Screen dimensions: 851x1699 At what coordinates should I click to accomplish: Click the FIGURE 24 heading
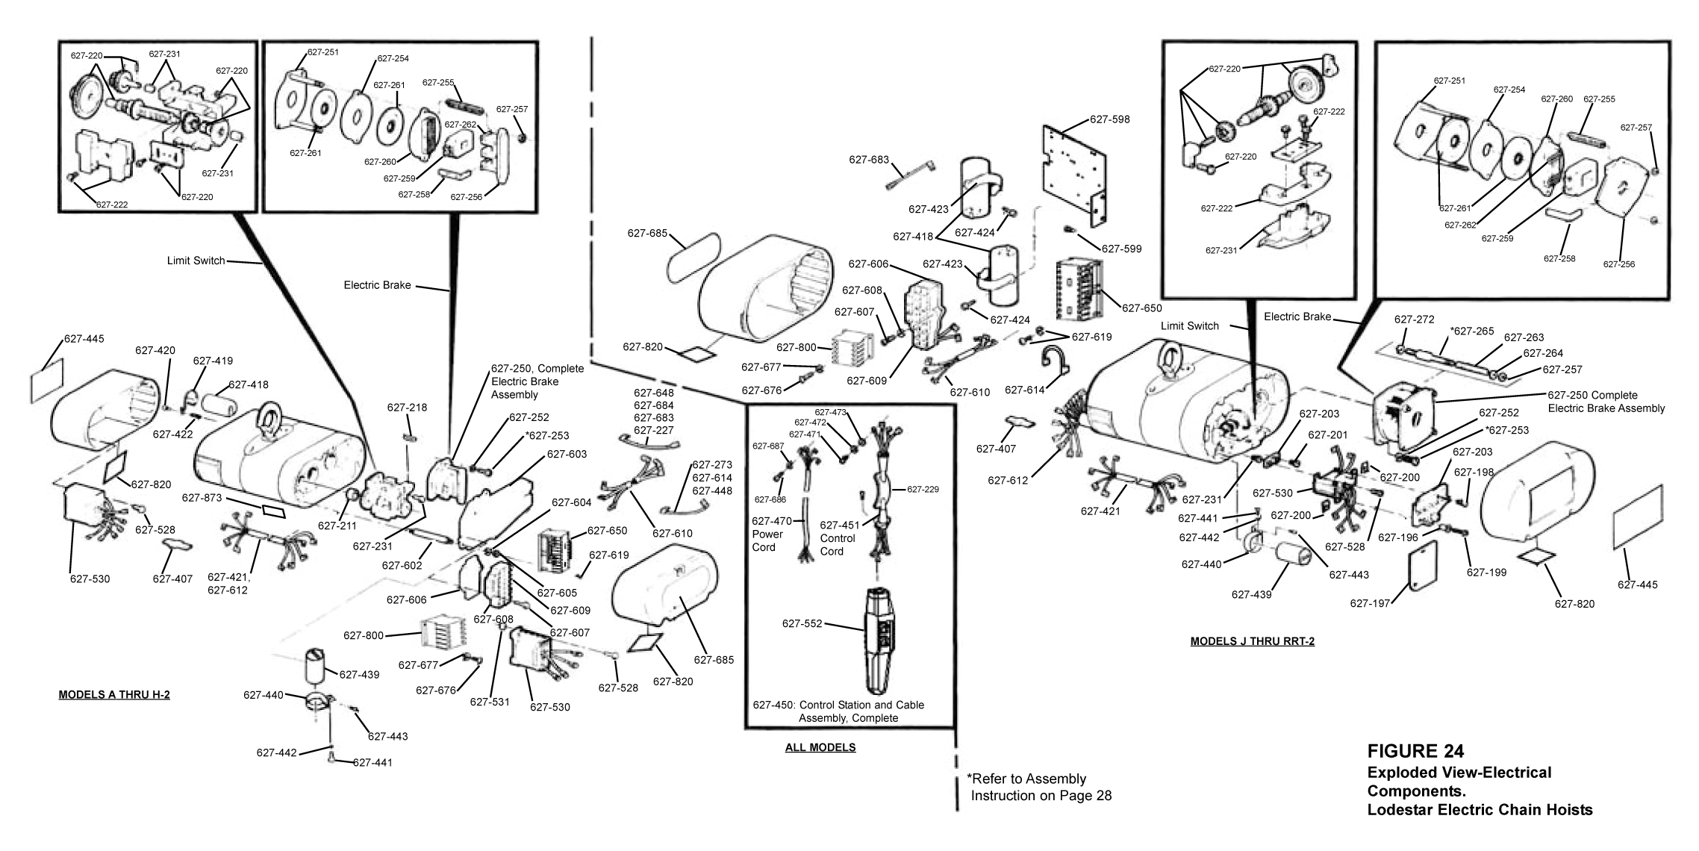(1415, 751)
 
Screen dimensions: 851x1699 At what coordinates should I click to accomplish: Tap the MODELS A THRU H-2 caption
(114, 695)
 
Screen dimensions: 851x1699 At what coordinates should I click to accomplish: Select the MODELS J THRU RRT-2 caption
(1252, 641)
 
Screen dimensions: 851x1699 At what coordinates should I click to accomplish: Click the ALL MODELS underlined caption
(820, 747)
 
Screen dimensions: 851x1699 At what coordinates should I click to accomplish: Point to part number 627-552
(802, 623)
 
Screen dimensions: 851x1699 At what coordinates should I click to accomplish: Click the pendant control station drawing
(882, 640)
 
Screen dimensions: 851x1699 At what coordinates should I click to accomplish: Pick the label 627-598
(1109, 119)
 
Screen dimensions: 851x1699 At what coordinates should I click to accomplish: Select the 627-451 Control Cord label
(837, 538)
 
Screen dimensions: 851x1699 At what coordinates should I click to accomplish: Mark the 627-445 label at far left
(84, 338)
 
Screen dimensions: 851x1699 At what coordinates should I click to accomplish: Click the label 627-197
(1370, 603)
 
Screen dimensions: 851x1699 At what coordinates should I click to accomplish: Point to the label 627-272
(1414, 319)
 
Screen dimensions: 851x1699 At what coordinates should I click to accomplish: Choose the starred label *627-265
(1471, 331)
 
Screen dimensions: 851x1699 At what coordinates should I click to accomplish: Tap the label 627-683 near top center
(869, 160)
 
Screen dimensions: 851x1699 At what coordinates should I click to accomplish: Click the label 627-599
(1121, 249)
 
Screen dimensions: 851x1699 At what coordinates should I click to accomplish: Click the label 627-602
(402, 565)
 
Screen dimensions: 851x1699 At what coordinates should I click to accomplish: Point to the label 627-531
(490, 701)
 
